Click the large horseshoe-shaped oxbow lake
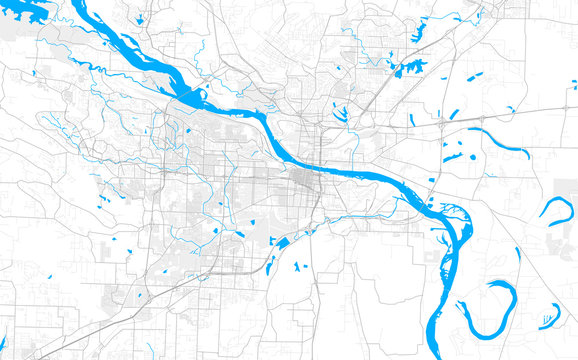(x=487, y=309)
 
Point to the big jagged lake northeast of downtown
(x=409, y=68)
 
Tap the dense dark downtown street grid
(x=303, y=181)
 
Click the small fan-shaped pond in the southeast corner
(x=547, y=320)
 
